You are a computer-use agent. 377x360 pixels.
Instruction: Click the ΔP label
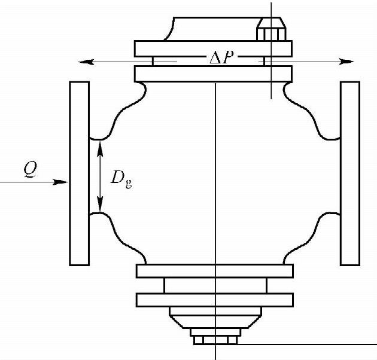click(x=221, y=57)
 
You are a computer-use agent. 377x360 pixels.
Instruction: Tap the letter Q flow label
click(x=31, y=169)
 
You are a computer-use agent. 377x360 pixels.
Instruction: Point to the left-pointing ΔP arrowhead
click(x=86, y=62)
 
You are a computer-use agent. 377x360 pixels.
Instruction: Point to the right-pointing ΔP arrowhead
click(x=346, y=61)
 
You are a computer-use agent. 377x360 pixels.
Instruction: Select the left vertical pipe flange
click(x=80, y=173)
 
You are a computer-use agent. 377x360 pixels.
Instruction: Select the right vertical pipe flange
click(x=350, y=173)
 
